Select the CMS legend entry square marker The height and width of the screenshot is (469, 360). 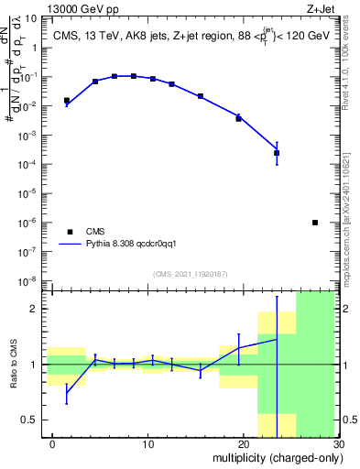68,232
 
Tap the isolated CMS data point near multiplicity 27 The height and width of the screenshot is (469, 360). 315,223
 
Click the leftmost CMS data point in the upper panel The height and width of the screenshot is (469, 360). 66,101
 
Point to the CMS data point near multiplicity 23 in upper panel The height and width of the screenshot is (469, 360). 277,153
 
